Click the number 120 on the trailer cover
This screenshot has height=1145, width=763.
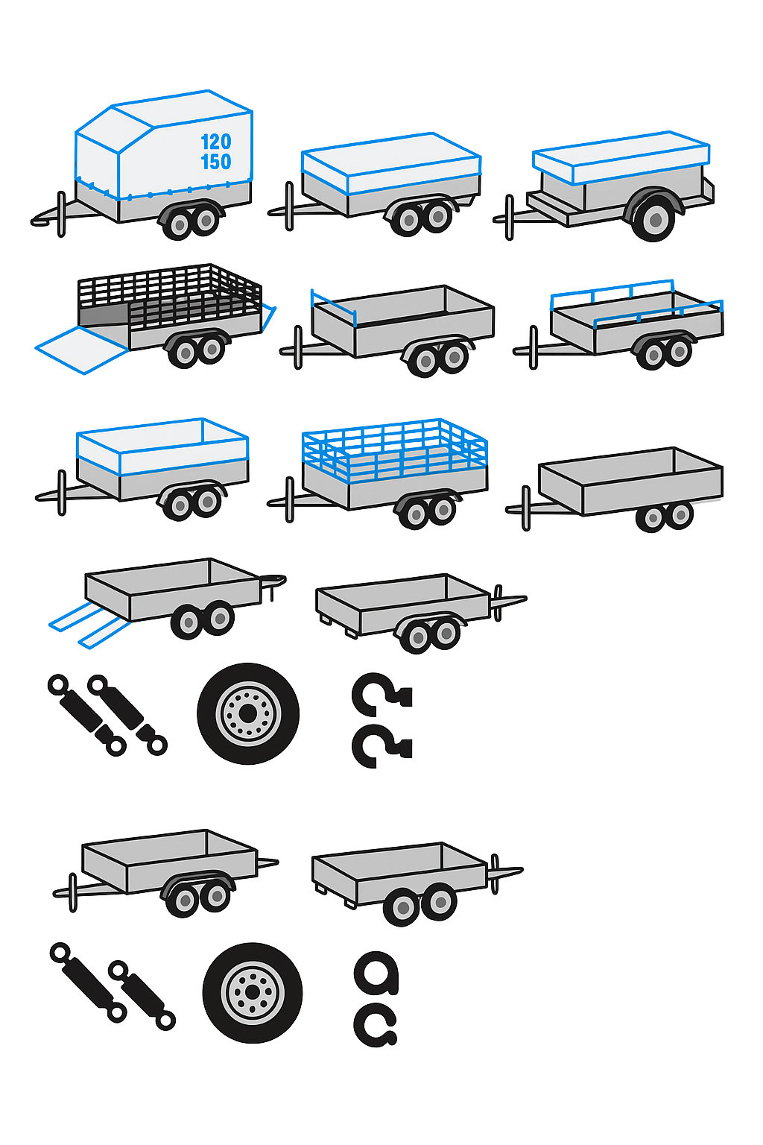[x=215, y=141]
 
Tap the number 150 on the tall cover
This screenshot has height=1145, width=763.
[x=215, y=162]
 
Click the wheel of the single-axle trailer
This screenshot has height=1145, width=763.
[x=653, y=218]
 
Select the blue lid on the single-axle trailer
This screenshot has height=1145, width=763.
[x=621, y=157]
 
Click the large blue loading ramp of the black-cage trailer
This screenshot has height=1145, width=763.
[x=82, y=350]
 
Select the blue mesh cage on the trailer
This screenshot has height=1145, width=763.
[x=394, y=450]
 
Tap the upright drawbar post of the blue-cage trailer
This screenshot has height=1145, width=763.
[x=290, y=499]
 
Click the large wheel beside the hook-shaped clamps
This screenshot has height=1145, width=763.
[x=248, y=713]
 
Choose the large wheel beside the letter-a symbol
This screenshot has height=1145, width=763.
[x=253, y=992]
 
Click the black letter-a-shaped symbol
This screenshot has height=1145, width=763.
[x=376, y=973]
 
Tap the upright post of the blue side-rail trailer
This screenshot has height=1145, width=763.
[x=533, y=347]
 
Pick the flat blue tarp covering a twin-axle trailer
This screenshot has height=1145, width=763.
[x=391, y=163]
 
